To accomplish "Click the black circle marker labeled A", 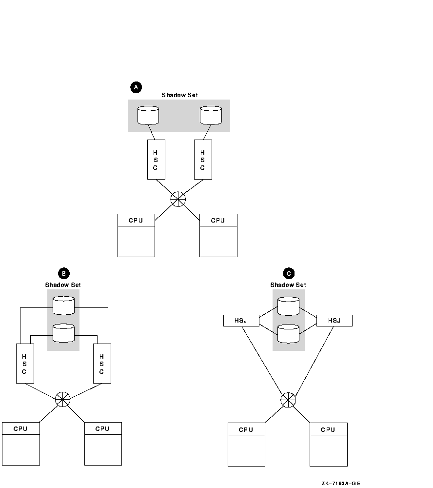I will [136, 87].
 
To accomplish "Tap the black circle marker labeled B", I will [63, 273].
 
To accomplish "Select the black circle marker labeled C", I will [290, 273].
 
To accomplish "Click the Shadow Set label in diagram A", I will [180, 95].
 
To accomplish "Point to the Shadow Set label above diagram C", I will [288, 285].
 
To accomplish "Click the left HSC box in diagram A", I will [156, 159].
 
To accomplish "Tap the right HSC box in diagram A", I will [202, 159].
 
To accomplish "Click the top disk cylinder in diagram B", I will [63, 305].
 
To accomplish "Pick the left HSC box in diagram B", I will [24, 364].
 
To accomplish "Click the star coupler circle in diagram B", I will [62, 399].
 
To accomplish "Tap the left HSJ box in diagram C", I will [241, 321].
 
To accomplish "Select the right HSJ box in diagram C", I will [334, 321].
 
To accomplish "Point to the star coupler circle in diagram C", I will [288, 400].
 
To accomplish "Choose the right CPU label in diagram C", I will [328, 429].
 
